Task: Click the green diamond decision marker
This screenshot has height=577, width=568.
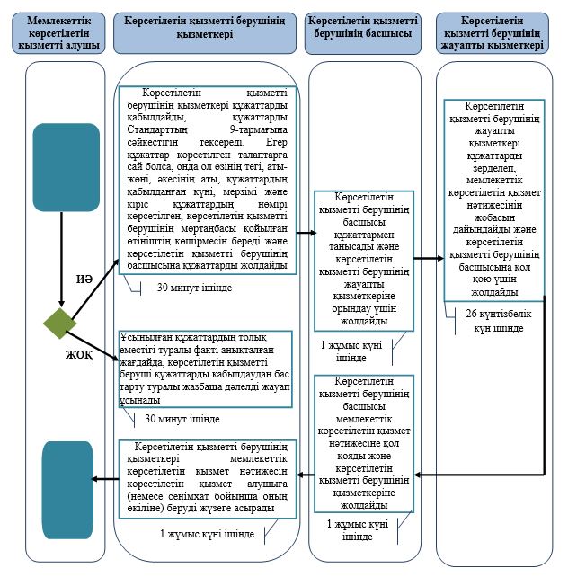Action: (x=60, y=324)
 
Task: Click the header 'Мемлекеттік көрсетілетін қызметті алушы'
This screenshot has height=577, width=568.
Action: (x=58, y=32)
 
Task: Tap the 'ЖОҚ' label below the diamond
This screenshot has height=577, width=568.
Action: (x=79, y=354)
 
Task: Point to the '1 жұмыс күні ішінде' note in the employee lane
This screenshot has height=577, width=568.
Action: (x=207, y=534)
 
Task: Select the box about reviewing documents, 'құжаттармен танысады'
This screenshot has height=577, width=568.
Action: (x=363, y=260)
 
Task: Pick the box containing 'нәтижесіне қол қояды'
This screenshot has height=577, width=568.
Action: (x=363, y=442)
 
